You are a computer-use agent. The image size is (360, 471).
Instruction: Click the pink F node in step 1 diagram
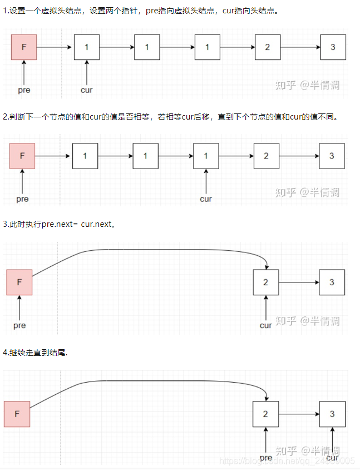point(24,47)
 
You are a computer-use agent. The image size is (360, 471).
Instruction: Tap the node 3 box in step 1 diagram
point(333,47)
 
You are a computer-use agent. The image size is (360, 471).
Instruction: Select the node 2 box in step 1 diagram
point(268,47)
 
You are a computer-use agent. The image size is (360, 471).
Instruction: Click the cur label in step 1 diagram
point(87,90)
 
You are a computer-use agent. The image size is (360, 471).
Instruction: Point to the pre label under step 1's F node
point(24,90)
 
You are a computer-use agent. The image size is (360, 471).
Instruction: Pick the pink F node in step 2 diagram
point(22,156)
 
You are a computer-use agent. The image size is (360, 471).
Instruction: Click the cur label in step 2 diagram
point(206,199)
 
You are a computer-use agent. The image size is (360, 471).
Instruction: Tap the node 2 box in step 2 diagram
point(266,156)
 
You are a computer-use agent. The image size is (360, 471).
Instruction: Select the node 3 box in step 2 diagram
point(332,156)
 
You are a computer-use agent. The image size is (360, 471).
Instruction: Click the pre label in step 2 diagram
point(22,199)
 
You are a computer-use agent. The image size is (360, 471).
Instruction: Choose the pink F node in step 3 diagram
point(19,282)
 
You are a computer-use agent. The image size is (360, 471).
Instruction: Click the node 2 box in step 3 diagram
point(265,282)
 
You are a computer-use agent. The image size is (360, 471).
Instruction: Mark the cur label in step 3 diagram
point(266,325)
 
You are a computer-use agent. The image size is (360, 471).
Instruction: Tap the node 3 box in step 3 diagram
point(332,282)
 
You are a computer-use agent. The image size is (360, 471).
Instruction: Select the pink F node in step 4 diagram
point(17,414)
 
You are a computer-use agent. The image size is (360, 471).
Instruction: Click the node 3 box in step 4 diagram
point(332,414)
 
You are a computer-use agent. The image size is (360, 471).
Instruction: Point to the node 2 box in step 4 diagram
point(265,414)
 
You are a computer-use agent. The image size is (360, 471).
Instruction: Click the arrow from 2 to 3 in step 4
point(299,414)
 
